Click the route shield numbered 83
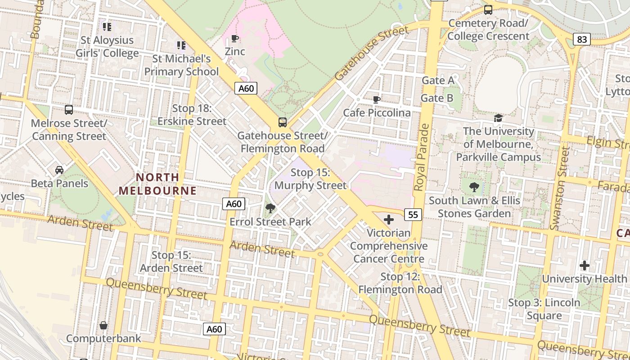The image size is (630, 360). pyautogui.click(x=582, y=40)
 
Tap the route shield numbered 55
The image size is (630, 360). pyautogui.click(x=413, y=215)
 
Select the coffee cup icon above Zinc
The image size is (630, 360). pyautogui.click(x=234, y=39)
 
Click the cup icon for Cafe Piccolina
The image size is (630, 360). pyautogui.click(x=377, y=99)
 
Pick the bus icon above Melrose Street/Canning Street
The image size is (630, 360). pyautogui.click(x=69, y=110)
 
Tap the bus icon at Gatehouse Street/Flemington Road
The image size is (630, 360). pyautogui.click(x=282, y=122)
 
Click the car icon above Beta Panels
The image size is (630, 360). pyautogui.click(x=59, y=170)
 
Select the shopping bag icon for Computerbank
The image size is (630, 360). pyautogui.click(x=103, y=325)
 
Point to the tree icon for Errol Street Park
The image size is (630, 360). pyautogui.click(x=270, y=208)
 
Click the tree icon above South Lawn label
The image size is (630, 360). pyautogui.click(x=474, y=187)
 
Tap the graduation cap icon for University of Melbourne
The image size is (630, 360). pyautogui.click(x=498, y=118)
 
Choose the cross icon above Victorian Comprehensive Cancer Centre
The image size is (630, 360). pyautogui.click(x=389, y=220)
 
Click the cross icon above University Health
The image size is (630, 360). pyautogui.click(x=584, y=265)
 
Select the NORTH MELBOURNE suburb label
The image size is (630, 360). pyautogui.click(x=157, y=184)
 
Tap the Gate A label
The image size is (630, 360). pyautogui.click(x=437, y=81)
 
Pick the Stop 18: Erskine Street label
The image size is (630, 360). pyautogui.click(x=192, y=115)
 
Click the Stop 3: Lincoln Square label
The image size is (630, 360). pyautogui.click(x=544, y=309)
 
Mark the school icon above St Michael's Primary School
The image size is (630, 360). pyautogui.click(x=181, y=45)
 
